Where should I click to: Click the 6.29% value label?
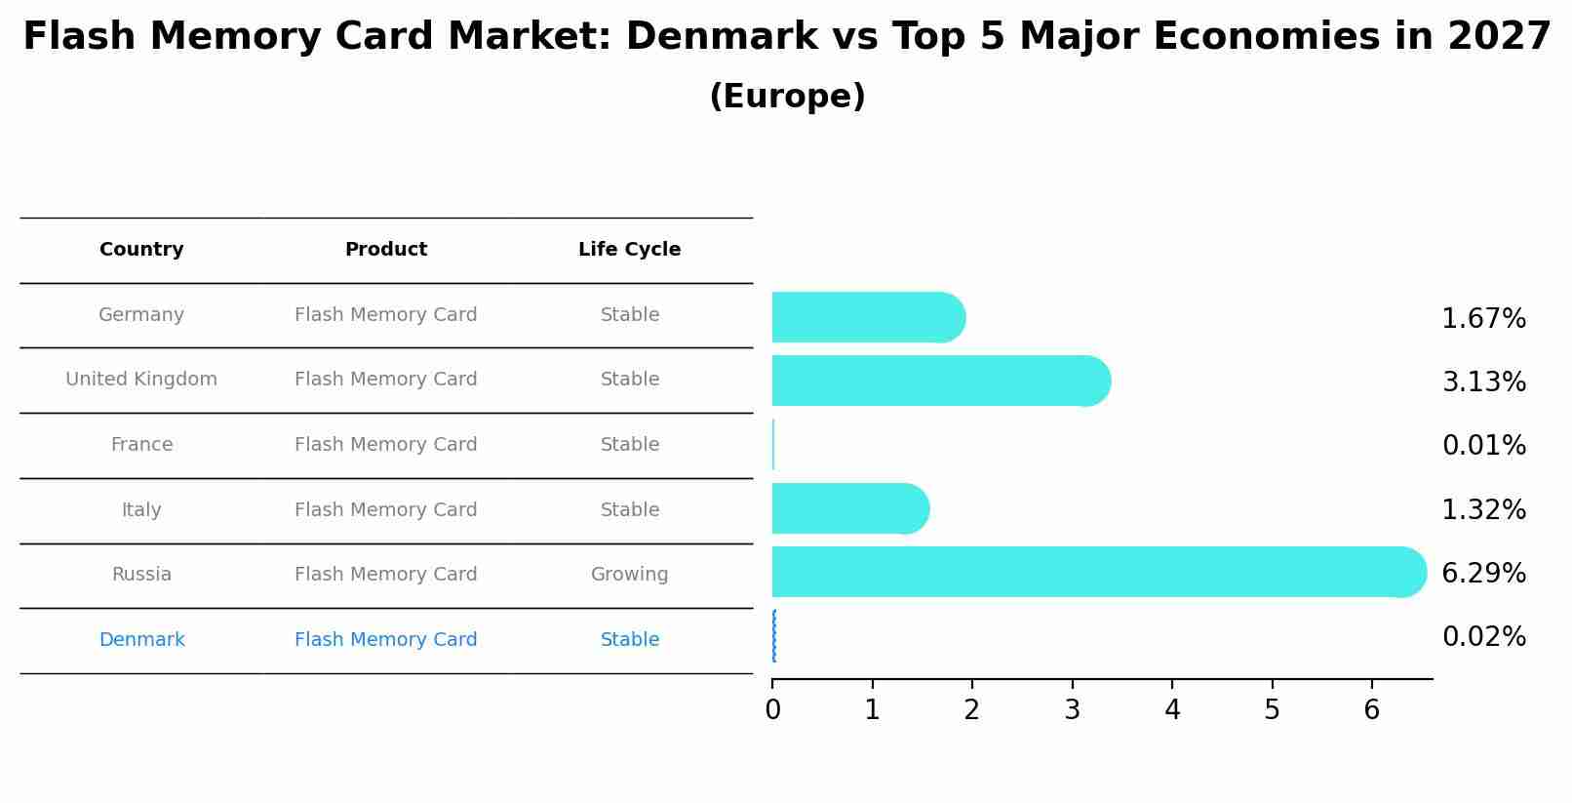pyautogui.click(x=1483, y=574)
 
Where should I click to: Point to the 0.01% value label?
pyautogui.click(x=1483, y=446)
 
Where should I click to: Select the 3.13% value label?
pyautogui.click(x=1483, y=382)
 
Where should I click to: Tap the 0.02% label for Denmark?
pyautogui.click(x=1483, y=637)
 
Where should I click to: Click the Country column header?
pyautogui.click(x=141, y=250)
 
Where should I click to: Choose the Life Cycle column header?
pyautogui.click(x=629, y=250)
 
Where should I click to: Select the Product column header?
pyautogui.click(x=385, y=250)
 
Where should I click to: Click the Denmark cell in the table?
pyautogui.click(x=141, y=640)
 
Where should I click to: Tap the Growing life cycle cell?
pyautogui.click(x=629, y=575)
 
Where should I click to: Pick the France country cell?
pyautogui.click(x=141, y=445)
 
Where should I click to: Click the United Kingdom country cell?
pyautogui.click(x=141, y=380)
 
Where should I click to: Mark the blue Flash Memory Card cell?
pyautogui.click(x=385, y=640)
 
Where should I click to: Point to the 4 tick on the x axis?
pyautogui.click(x=1172, y=710)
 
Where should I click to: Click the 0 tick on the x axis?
pyautogui.click(x=772, y=710)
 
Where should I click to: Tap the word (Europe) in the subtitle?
pyautogui.click(x=787, y=97)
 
